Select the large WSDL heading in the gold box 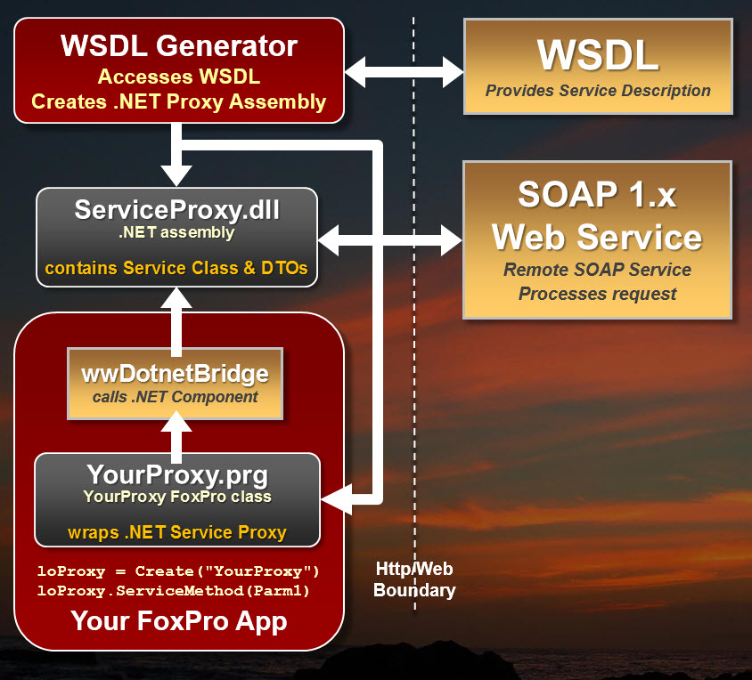click(598, 55)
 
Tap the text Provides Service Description click(598, 90)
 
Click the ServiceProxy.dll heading click(176, 210)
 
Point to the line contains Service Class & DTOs click(176, 267)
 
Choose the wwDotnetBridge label click(176, 372)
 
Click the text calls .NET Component click(176, 397)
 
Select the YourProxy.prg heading click(176, 474)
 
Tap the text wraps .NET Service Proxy click(176, 532)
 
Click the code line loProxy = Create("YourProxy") click(178, 571)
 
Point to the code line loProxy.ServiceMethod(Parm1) click(178, 590)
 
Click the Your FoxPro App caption click(178, 620)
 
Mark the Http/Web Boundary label click(414, 579)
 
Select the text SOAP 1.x click(597, 194)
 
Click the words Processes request click(598, 293)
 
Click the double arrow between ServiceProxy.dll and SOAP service click(390, 238)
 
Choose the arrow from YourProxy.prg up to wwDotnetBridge click(176, 436)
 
